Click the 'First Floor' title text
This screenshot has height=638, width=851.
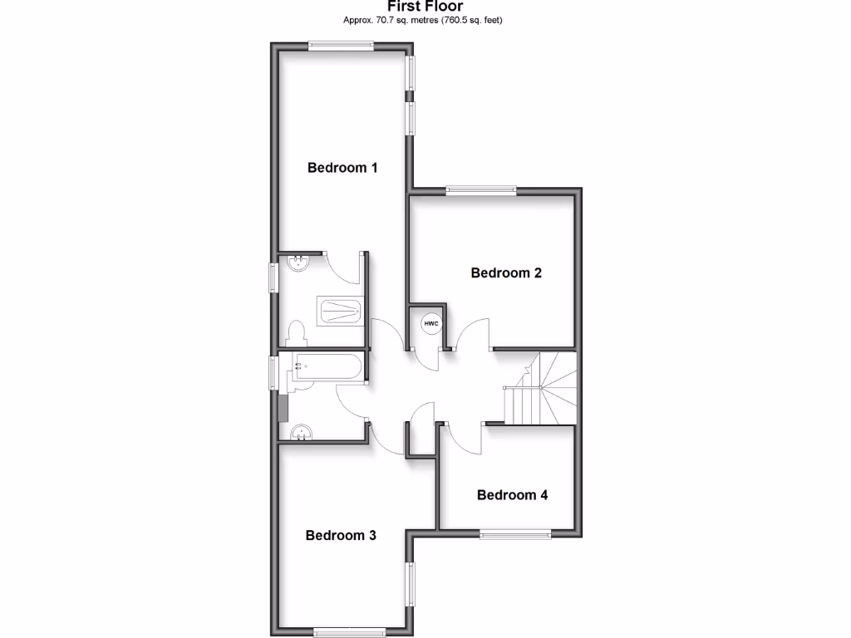[x=425, y=6]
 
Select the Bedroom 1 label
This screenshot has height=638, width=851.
[x=342, y=168]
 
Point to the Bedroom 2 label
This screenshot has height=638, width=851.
[x=506, y=272]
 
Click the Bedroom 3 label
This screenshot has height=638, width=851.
[x=341, y=535]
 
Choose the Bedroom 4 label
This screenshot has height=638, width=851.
[x=512, y=495]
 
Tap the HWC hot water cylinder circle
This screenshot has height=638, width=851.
[x=430, y=323]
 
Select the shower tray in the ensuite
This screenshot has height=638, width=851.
[x=340, y=311]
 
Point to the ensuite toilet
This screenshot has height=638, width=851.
[x=296, y=333]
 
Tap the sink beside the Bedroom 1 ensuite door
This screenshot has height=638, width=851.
[x=298, y=263]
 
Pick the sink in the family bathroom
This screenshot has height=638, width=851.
[x=302, y=432]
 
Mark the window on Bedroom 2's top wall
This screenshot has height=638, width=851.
[x=480, y=190]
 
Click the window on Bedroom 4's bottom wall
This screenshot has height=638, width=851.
[x=514, y=533]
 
